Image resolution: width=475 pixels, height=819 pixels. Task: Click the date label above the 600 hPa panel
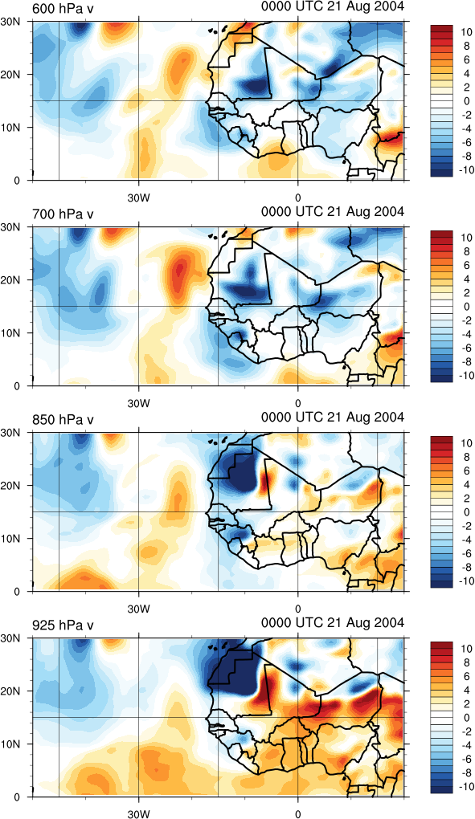coord(333,6)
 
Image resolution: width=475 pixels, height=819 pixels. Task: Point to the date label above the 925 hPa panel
coord(333,623)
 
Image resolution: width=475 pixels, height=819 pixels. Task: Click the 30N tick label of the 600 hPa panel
coord(10,22)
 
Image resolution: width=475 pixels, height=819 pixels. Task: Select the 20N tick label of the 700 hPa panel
coord(10,280)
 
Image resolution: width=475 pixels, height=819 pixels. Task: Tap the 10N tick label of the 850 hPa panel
coord(10,539)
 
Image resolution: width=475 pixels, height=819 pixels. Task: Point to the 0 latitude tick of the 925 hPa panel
coord(16,797)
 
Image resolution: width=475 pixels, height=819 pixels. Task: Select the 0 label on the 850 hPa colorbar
coord(465,512)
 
